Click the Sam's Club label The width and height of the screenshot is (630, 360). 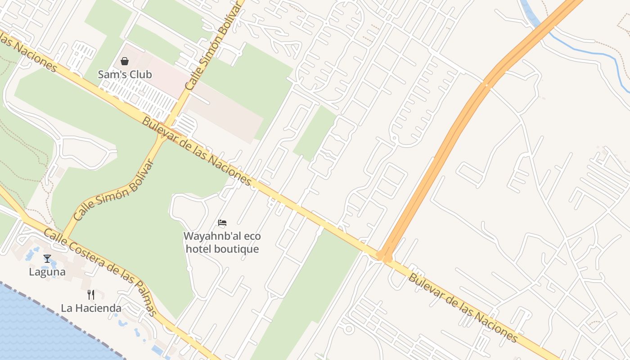(x=125, y=74)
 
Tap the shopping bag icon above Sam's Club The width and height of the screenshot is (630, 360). (x=125, y=61)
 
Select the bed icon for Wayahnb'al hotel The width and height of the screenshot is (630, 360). (x=222, y=222)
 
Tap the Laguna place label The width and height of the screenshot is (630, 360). (x=47, y=272)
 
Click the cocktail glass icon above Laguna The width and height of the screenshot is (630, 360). (x=47, y=259)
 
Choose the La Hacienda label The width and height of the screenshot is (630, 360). (x=91, y=308)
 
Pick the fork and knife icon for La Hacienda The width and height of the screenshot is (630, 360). (x=91, y=295)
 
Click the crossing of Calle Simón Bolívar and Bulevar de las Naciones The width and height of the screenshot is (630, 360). (x=169, y=127)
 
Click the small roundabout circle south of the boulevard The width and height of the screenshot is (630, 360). (x=348, y=329)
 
